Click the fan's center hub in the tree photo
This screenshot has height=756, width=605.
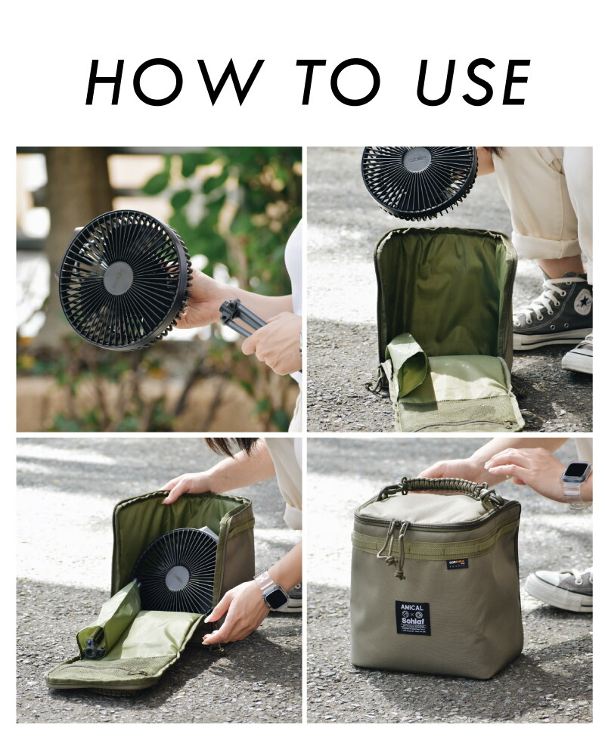[118, 277]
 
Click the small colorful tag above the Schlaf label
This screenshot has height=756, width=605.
[455, 563]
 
